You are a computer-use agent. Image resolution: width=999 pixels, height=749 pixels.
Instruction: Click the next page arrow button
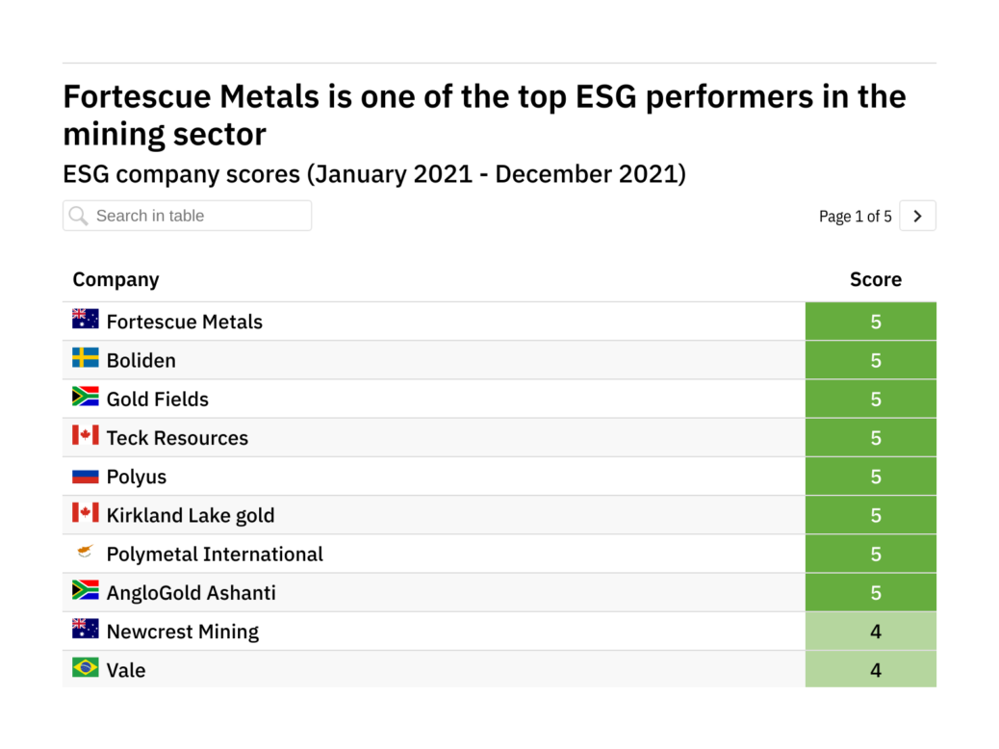click(x=917, y=217)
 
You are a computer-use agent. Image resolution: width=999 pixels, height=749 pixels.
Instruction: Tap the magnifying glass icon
click(x=79, y=216)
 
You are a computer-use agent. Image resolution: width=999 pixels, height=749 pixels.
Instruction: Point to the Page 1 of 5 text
click(x=855, y=217)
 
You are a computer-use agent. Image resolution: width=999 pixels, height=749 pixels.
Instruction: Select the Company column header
click(x=115, y=279)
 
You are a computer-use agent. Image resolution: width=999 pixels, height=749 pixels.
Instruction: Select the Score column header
click(x=875, y=279)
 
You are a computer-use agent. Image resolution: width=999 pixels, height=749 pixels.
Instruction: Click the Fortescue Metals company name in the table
click(x=184, y=322)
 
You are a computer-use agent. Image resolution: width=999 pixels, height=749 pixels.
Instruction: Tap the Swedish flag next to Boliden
click(x=86, y=358)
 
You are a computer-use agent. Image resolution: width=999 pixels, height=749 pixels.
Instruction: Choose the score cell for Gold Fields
click(x=875, y=399)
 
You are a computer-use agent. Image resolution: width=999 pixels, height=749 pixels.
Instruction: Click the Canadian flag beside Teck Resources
click(x=86, y=435)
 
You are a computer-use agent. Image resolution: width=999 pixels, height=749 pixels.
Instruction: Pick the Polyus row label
click(x=136, y=477)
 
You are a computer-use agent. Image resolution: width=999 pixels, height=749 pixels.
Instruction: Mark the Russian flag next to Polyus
click(x=86, y=475)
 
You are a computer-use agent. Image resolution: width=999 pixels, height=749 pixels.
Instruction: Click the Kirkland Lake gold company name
click(x=190, y=515)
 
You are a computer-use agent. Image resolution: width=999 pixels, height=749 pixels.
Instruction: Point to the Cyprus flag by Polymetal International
click(x=86, y=552)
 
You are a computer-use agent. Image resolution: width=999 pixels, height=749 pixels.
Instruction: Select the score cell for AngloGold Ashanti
click(x=875, y=592)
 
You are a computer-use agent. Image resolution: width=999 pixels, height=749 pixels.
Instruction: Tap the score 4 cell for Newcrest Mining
click(x=875, y=632)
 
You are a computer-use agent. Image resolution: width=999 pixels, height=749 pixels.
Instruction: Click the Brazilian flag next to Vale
click(x=86, y=667)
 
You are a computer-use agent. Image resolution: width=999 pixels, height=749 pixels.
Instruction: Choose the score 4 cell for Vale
click(x=875, y=669)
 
